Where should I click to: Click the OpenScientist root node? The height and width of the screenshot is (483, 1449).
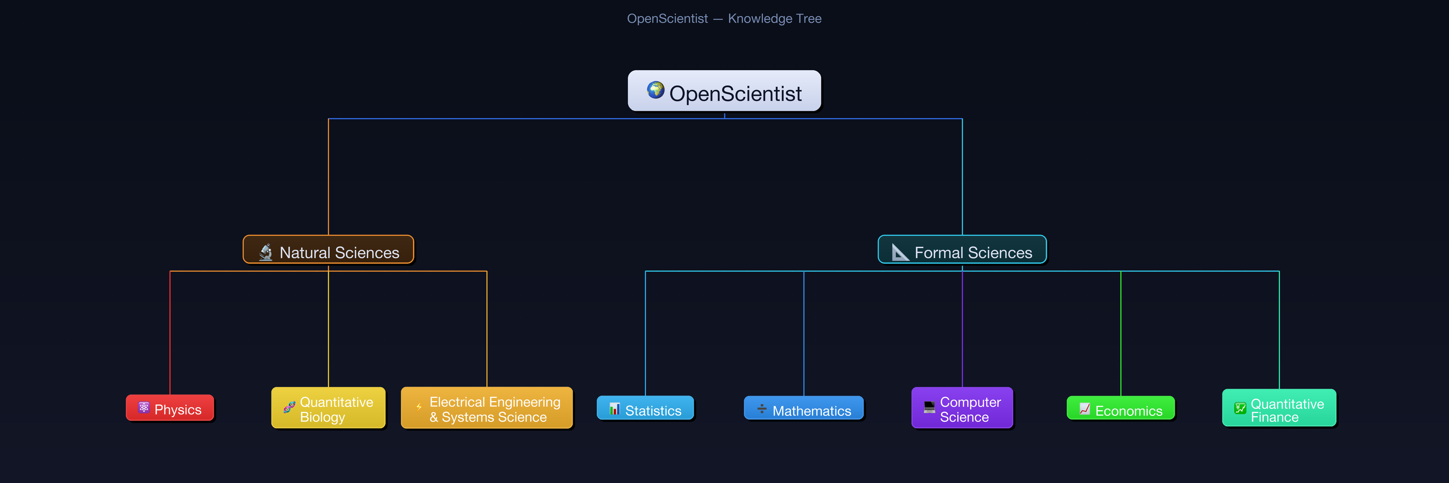pos(724,91)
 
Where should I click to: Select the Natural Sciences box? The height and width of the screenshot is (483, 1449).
pos(329,250)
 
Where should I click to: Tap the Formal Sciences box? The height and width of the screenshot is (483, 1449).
pos(962,250)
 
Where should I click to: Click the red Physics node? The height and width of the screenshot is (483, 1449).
pos(170,408)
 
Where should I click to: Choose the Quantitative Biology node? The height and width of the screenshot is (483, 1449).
pos(329,408)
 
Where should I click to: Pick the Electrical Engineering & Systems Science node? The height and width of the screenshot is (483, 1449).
pos(486,408)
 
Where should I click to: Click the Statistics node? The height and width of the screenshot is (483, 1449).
pos(645,409)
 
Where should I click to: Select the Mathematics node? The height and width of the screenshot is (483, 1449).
pos(803,409)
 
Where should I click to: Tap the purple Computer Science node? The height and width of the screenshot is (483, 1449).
pos(962,408)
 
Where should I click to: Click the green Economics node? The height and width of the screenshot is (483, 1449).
pos(1120,409)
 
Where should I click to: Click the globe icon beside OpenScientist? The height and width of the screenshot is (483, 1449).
pos(655,90)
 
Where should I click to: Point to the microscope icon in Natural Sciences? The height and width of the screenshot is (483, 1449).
pos(266,252)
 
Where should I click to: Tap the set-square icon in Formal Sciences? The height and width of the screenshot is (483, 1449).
pos(900,252)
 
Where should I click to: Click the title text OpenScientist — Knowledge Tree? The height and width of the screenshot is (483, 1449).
pos(724,18)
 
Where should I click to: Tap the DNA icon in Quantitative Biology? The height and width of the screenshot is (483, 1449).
pos(289,407)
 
